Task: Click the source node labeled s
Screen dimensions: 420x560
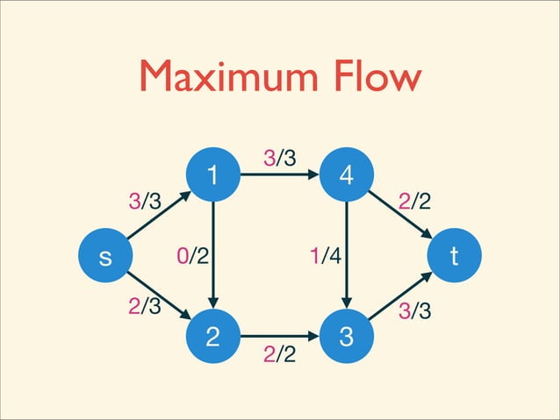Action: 105,258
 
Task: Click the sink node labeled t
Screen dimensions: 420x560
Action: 454,258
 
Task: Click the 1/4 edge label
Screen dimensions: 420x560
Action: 324,257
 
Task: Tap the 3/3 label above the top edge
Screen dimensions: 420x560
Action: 279,158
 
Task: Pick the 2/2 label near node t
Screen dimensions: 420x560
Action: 414,203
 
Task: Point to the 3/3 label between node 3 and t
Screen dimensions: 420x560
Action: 414,310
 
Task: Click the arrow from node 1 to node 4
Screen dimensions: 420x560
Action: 279,175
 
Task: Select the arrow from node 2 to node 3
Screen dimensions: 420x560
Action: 279,337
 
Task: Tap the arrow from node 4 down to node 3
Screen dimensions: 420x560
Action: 348,263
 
